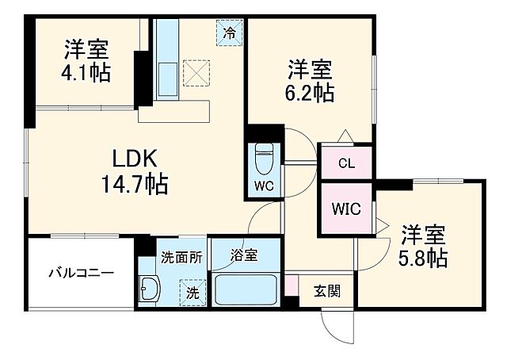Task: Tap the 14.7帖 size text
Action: (133, 186)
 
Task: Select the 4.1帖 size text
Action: (86, 73)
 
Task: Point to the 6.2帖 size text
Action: (310, 92)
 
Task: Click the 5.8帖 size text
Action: (423, 258)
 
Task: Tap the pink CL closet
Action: (346, 164)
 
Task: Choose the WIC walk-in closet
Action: (346, 209)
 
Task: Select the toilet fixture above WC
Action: (264, 159)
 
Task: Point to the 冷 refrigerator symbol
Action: (230, 33)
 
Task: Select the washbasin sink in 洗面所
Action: (149, 288)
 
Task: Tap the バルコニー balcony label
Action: (80, 273)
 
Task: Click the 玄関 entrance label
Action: (327, 291)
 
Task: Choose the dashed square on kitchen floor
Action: (196, 73)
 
